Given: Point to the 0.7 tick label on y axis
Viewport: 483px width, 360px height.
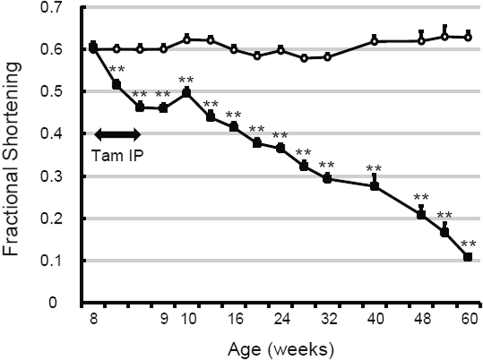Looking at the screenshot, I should coord(64,8).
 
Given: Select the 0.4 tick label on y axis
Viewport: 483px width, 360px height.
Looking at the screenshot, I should coord(64,134).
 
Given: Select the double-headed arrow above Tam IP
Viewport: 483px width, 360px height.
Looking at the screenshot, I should coord(117,134).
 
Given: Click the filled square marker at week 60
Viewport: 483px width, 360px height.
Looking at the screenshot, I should coord(468,257).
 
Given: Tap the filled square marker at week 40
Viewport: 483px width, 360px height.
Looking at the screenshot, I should coord(374,185).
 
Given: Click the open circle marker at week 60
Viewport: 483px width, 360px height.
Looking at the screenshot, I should coord(468,37).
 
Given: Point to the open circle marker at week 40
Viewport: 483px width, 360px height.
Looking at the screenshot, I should coord(374,42).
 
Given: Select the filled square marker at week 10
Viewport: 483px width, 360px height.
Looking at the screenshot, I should coord(187,93).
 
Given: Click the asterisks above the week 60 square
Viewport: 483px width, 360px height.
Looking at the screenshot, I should coord(468,244).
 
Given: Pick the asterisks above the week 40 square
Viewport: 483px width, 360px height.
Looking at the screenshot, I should coord(374,169).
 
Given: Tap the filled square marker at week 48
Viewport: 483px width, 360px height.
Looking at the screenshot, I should coord(421,214).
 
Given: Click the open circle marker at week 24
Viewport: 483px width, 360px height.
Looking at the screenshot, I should coord(281,50).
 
